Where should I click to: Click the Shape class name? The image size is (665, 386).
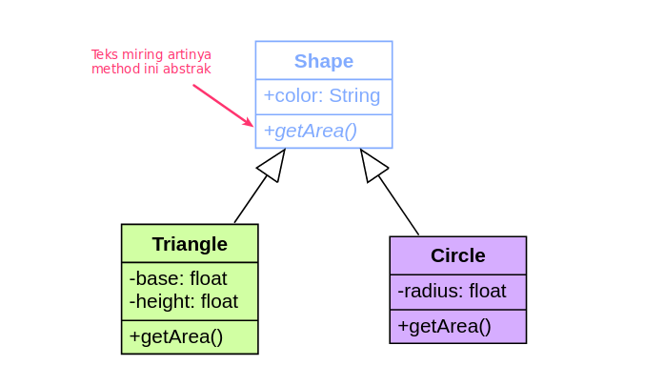click(x=323, y=61)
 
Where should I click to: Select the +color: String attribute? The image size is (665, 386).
click(x=322, y=96)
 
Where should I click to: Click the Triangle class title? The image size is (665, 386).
click(x=190, y=244)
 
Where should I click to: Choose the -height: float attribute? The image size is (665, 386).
click(x=183, y=301)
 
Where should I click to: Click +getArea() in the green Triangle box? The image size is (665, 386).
click(x=176, y=336)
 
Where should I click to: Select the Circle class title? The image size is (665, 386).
click(x=457, y=255)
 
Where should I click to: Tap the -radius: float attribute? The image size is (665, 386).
click(x=452, y=291)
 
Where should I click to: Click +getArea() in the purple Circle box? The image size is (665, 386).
click(x=444, y=326)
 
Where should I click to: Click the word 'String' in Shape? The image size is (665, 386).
click(x=354, y=96)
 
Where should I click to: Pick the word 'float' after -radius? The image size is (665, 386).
click(x=487, y=291)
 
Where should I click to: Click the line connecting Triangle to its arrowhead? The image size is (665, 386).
click(x=251, y=200)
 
